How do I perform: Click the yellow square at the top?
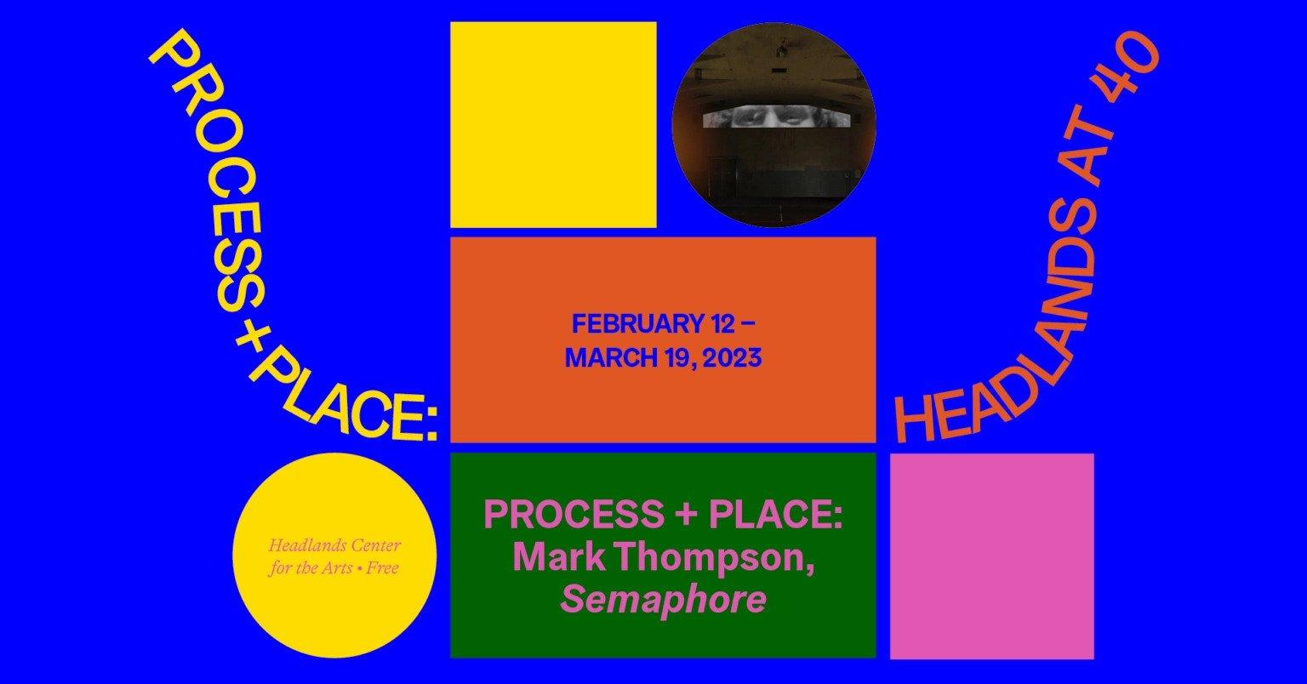pyautogui.click(x=553, y=125)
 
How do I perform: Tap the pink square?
pyautogui.click(x=992, y=556)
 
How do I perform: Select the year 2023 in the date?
pyautogui.click(x=732, y=358)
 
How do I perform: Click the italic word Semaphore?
pyautogui.click(x=663, y=600)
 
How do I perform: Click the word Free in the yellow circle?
pyautogui.click(x=383, y=567)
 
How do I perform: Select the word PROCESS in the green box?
pyautogui.click(x=574, y=514)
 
